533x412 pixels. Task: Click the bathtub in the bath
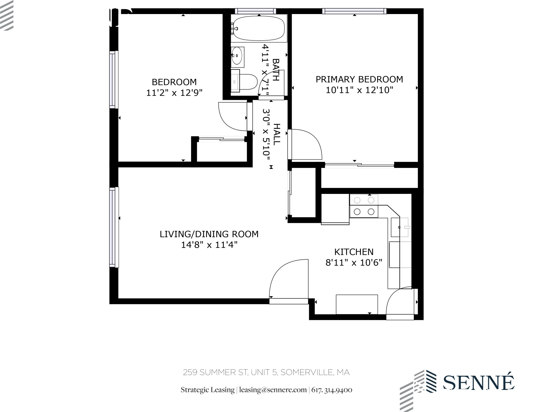[259, 28]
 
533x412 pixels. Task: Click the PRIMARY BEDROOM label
[359, 79]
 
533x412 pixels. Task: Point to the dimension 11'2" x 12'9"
[174, 93]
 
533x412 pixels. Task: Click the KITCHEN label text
[354, 252]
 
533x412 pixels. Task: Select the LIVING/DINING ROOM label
[209, 234]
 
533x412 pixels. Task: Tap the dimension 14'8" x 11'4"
[209, 245]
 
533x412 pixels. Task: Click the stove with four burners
[364, 206]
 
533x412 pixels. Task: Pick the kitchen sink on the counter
[399, 227]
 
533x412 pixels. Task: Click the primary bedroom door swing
[306, 144]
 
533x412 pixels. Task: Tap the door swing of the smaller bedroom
[232, 116]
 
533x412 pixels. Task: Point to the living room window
[114, 227]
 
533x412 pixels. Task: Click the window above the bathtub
[255, 11]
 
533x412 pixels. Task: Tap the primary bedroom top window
[354, 11]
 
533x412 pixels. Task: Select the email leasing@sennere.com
[273, 390]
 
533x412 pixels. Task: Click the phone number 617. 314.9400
[332, 390]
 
